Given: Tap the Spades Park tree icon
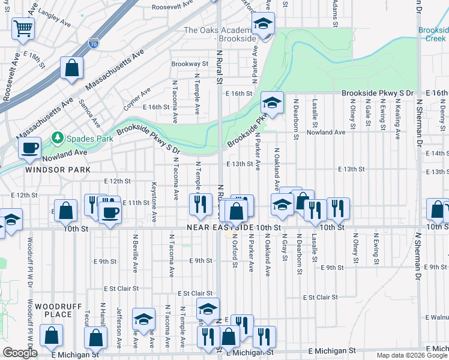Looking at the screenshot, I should click(x=58, y=138).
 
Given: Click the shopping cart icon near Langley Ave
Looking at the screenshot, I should click(x=23, y=28).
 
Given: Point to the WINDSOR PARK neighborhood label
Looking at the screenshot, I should click(x=58, y=170).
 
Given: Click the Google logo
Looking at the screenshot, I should click(x=20, y=353).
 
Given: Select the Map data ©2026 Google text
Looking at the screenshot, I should click(x=412, y=355).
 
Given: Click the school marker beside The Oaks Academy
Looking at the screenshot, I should click(x=262, y=24).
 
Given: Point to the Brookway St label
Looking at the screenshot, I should click(x=189, y=64).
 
